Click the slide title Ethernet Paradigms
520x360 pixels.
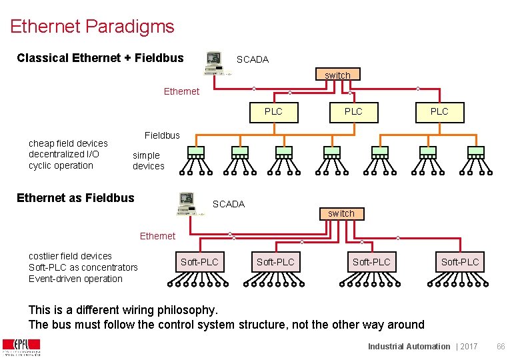[92, 27]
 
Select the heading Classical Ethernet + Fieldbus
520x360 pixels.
[100, 58]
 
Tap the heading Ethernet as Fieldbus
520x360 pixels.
[75, 197]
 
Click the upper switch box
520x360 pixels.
[337, 75]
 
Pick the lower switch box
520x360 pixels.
[341, 213]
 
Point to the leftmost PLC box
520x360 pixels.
[273, 111]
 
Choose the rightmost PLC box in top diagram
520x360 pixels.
[439, 111]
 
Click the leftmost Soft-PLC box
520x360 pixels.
[199, 262]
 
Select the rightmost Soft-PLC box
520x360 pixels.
[460, 262]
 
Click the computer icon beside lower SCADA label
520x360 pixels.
[187, 203]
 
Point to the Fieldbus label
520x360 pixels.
[162, 135]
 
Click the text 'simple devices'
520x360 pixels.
[147, 161]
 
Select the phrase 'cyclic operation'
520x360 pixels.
[61, 165]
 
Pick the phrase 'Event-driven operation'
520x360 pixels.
[75, 279]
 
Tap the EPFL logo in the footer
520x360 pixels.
[21, 347]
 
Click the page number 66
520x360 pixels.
[501, 346]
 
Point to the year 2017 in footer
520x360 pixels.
[469, 346]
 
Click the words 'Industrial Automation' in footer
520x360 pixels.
[409, 346]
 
